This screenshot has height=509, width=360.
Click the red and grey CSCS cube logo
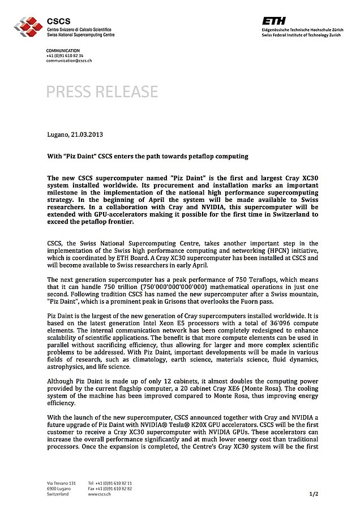pyautogui.click(x=29, y=25)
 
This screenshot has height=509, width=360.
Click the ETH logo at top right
pyautogui.click(x=274, y=20)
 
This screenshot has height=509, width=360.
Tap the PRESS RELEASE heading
pyautogui.click(x=102, y=91)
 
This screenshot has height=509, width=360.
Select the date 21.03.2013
pyautogui.click(x=87, y=135)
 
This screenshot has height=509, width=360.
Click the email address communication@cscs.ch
pyautogui.click(x=69, y=61)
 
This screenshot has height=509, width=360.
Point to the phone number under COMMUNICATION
pyautogui.click(x=65, y=55)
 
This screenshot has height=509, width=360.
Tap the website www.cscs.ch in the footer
pyautogui.click(x=99, y=494)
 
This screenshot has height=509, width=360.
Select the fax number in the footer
pyautogui.click(x=110, y=488)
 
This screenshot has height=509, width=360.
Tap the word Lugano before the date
pyautogui.click(x=58, y=135)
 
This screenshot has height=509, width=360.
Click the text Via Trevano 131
pyautogui.click(x=61, y=482)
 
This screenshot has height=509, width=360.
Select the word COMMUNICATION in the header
pyautogui.click(x=63, y=50)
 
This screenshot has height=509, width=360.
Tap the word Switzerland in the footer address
pyautogui.click(x=58, y=494)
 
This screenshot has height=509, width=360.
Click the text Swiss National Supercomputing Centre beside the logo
pyautogui.click(x=81, y=34)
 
